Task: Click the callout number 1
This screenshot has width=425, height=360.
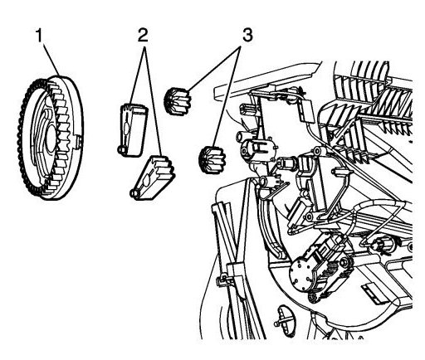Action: click(40, 36)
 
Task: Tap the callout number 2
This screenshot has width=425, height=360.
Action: click(143, 35)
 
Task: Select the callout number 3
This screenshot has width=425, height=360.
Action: click(247, 36)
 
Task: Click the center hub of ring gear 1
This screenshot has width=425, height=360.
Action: click(51, 138)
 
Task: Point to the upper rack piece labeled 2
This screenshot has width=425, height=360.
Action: click(133, 130)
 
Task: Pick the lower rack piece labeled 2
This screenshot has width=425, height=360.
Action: click(153, 178)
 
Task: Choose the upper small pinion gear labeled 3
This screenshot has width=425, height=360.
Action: click(178, 100)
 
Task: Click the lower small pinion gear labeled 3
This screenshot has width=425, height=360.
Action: click(212, 160)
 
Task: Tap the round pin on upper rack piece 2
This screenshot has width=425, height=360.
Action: click(121, 149)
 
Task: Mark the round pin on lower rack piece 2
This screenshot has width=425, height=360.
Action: click(134, 194)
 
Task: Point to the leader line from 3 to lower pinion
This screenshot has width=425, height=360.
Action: click(228, 96)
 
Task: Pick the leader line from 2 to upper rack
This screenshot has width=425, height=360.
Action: click(137, 75)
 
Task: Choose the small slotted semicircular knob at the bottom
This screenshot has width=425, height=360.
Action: click(286, 318)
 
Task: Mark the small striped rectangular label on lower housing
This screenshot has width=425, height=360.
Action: click(373, 294)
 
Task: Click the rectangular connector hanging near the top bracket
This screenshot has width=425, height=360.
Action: click(306, 110)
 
